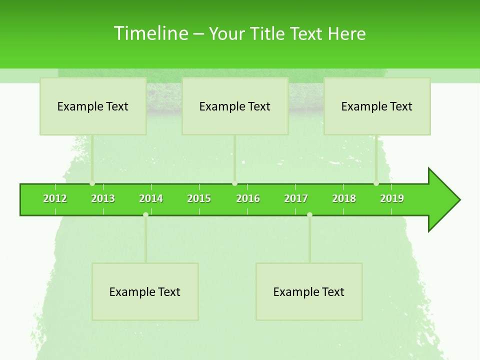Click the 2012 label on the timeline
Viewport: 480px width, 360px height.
(55, 198)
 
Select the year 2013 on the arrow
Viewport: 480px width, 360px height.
(103, 198)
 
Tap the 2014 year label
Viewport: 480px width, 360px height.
(151, 198)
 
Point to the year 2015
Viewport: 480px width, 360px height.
(199, 198)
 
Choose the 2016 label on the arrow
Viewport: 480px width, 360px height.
(248, 198)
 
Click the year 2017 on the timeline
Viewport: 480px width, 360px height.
(296, 198)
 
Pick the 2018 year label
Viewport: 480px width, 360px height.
(344, 198)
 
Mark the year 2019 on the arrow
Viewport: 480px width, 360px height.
(392, 198)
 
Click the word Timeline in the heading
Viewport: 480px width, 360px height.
(150, 33)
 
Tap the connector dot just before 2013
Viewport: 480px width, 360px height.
(92, 183)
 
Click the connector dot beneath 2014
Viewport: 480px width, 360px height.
(145, 214)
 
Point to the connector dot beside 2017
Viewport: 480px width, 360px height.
(309, 214)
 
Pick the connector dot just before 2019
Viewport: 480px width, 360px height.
(376, 183)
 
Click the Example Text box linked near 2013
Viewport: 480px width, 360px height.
(93, 106)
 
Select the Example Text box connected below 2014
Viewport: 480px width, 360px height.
(145, 291)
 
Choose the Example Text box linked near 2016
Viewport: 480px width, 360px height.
(235, 106)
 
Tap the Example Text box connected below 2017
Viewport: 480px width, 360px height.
(309, 291)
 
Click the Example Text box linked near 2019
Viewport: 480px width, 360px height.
(377, 106)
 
